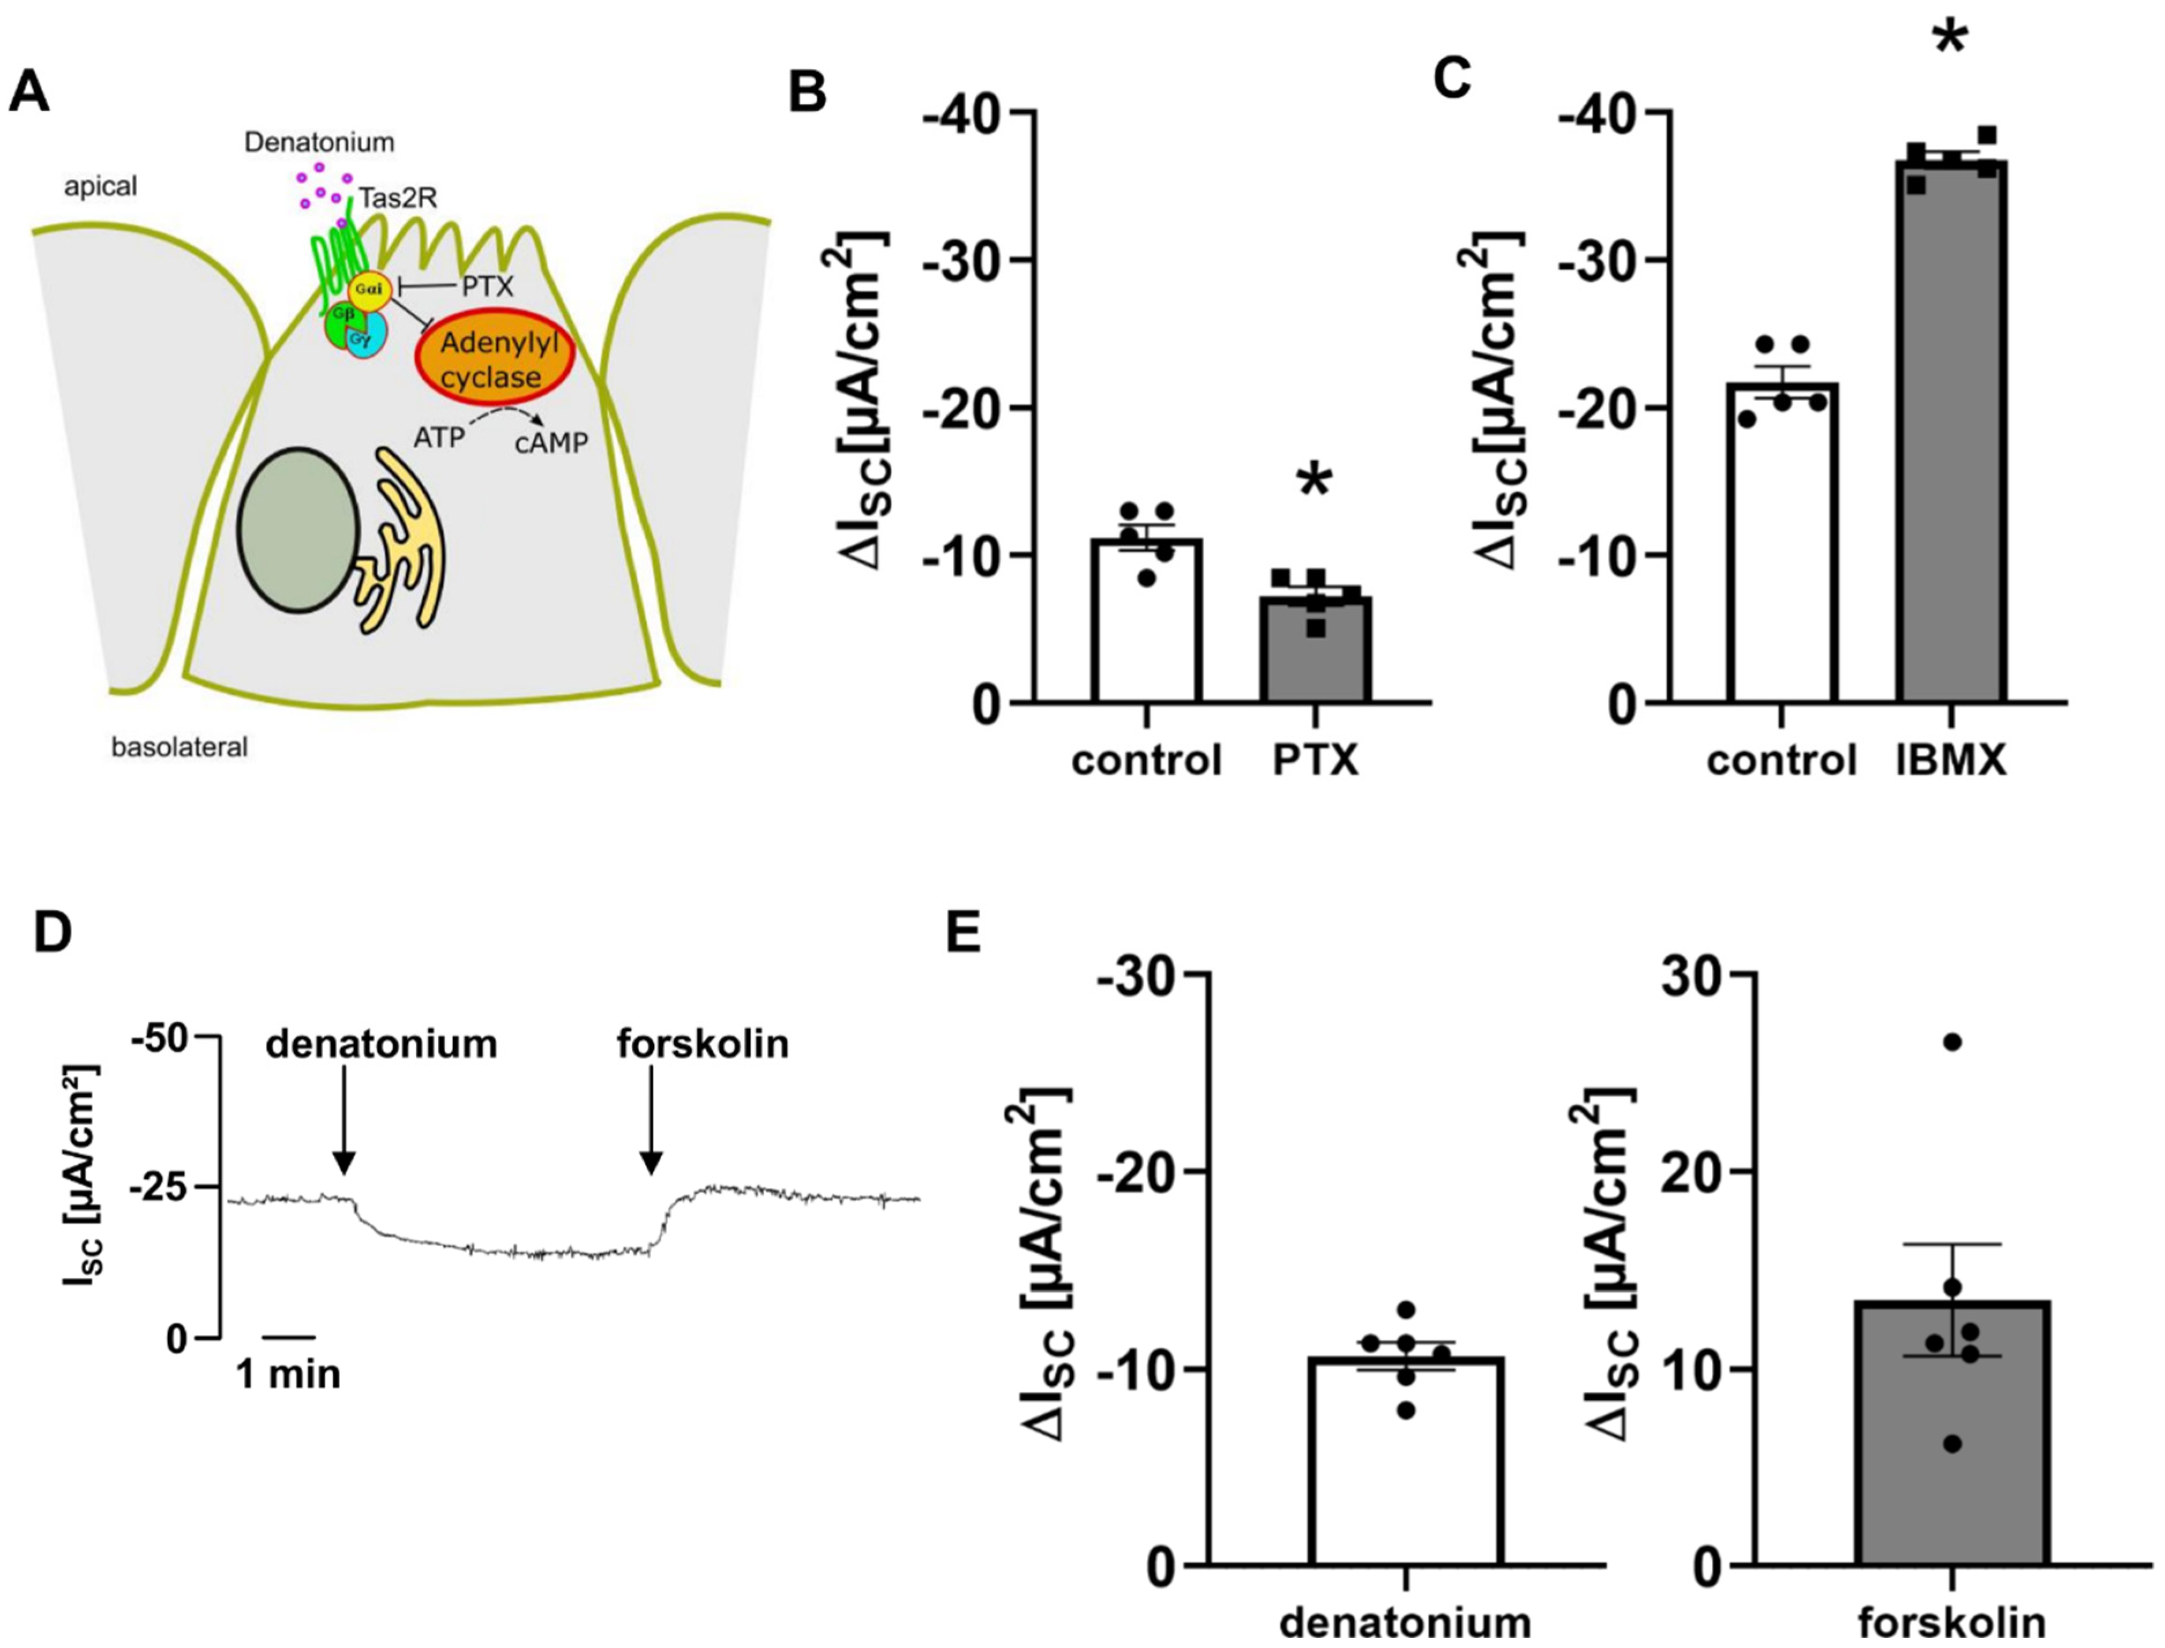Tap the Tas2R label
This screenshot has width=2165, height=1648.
(397, 198)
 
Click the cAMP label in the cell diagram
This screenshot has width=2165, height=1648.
(551, 443)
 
